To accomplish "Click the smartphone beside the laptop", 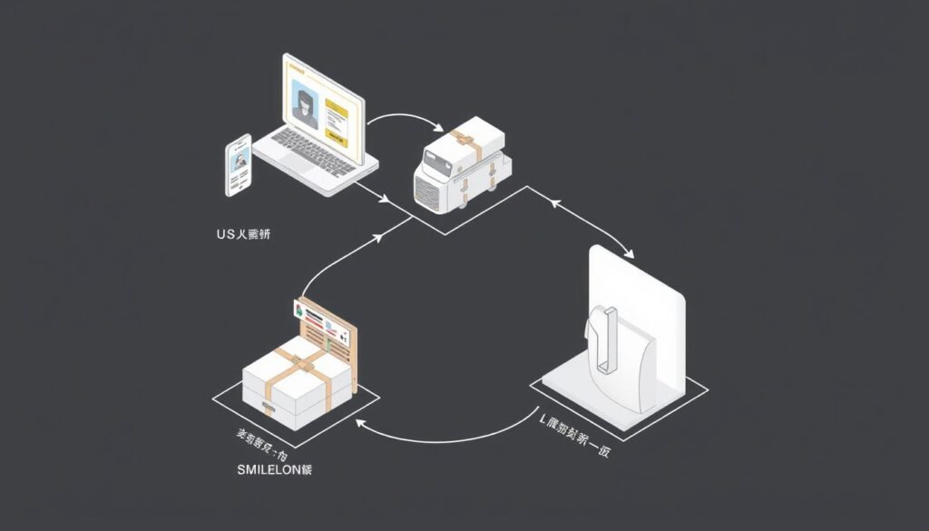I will [239, 164].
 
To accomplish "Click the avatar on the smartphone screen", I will [240, 161].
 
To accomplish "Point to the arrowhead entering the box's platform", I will [360, 424].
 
